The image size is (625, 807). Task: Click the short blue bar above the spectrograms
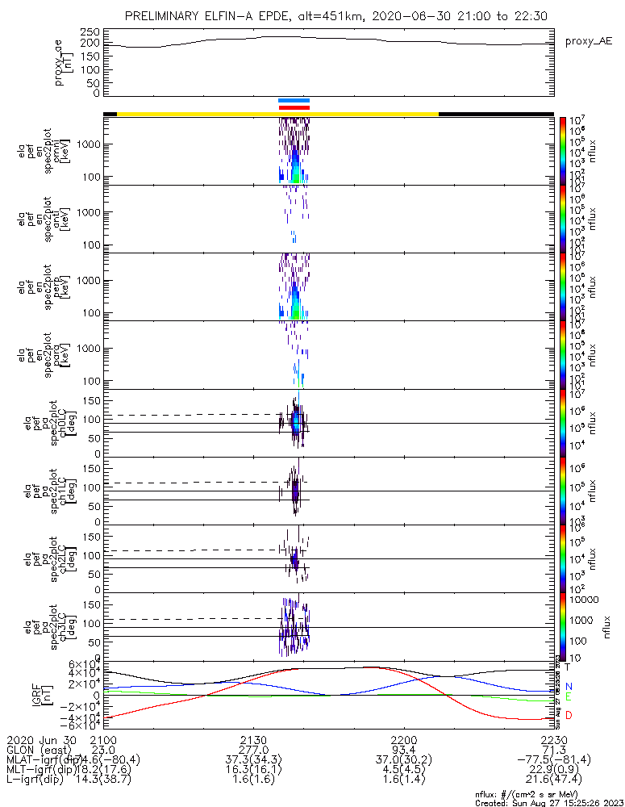tap(294, 100)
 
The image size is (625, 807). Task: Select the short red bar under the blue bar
tap(294, 107)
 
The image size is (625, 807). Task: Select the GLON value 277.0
tap(253, 751)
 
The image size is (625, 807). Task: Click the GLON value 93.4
tap(403, 751)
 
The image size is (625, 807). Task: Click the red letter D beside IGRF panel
tap(569, 716)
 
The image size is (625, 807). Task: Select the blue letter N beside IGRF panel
tap(569, 687)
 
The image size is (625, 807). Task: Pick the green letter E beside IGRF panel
tap(569, 696)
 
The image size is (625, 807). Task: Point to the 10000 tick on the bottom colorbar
tap(583, 600)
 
